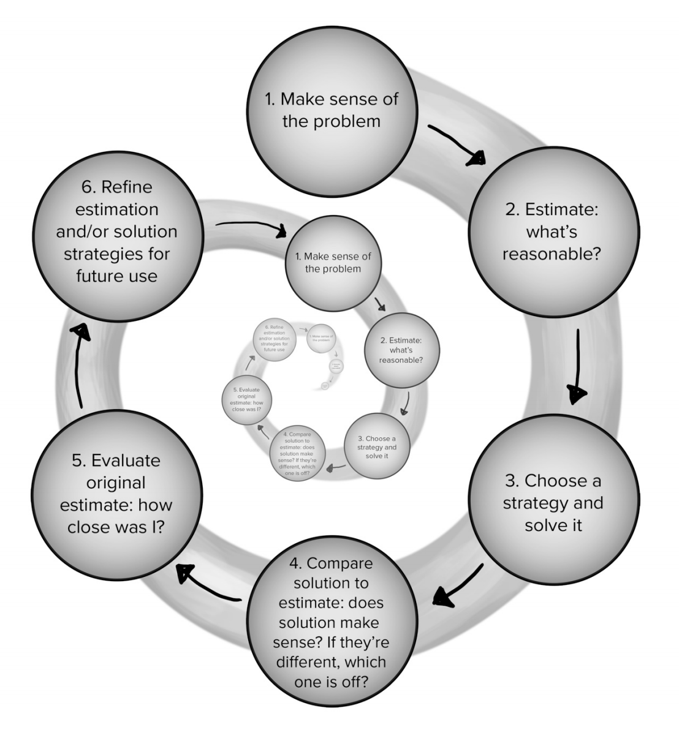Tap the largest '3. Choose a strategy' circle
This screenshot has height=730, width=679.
coord(552,503)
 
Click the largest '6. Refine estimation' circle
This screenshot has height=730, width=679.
coord(117,231)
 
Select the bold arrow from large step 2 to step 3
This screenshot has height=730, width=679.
coord(576,367)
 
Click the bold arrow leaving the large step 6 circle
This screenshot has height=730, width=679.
coord(251,227)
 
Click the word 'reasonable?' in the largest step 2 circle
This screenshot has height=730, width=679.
coord(551,254)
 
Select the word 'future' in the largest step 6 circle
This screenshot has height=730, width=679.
coord(98,276)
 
